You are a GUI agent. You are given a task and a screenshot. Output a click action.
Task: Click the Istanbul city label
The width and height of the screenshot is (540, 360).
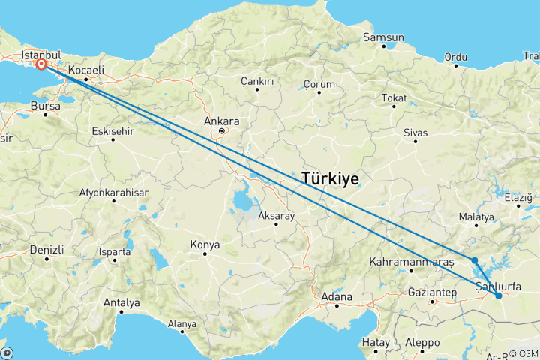[42, 55]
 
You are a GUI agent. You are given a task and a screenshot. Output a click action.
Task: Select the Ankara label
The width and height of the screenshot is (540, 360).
[222, 121]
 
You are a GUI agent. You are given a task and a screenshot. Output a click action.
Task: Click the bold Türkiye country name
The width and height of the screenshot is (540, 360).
[329, 178]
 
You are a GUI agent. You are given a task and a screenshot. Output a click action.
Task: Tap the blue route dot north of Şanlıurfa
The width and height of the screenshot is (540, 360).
[475, 261]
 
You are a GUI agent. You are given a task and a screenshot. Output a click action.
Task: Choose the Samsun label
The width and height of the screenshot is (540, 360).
[383, 37]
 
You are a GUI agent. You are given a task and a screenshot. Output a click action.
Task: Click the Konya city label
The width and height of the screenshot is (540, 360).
[205, 244]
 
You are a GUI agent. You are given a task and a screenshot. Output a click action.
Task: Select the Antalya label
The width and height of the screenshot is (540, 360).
[122, 303]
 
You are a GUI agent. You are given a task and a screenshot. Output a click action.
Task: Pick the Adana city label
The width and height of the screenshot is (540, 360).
[337, 296]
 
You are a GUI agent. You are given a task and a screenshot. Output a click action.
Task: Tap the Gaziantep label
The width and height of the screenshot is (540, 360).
[433, 291]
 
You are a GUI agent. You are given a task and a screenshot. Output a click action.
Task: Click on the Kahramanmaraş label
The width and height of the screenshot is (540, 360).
[412, 262]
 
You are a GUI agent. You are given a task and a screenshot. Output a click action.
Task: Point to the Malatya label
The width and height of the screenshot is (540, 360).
[477, 217]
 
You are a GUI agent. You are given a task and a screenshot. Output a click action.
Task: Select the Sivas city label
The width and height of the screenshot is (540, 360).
[415, 133]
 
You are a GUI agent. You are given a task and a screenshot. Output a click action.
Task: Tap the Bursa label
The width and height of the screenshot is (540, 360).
[45, 106]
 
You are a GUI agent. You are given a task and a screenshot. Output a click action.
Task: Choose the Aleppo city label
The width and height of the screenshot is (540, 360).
[422, 342]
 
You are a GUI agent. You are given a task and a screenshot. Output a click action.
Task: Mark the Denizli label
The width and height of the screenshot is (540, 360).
[47, 249]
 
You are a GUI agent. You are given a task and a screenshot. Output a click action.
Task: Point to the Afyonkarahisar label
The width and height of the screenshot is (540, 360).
[114, 193]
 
